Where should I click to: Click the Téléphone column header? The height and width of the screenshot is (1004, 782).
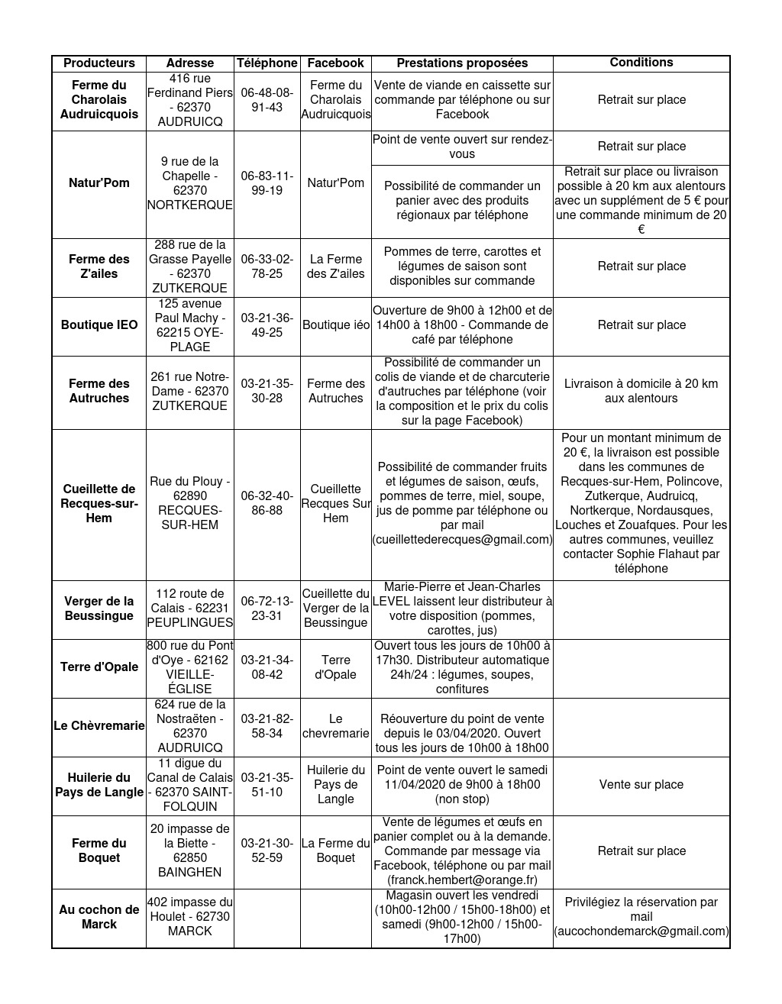coord(267,63)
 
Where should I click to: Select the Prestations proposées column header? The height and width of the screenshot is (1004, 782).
coord(462,63)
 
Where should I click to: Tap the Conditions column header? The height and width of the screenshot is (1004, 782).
coord(641,63)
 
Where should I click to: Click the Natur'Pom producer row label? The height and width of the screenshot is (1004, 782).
coord(99,183)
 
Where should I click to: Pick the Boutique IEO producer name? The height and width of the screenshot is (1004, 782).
coord(99,325)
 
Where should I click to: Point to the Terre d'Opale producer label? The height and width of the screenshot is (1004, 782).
coord(99,667)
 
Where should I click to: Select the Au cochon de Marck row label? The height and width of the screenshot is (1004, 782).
coord(99,917)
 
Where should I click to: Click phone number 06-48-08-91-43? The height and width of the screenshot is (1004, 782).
coord(267,100)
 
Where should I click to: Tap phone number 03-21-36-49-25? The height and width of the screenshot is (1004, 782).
coord(267,325)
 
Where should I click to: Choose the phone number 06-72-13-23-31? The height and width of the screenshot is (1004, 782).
coord(267,609)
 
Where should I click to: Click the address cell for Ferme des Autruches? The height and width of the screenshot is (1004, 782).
coord(189,391)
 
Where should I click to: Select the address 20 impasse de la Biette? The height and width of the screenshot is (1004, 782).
coord(189,851)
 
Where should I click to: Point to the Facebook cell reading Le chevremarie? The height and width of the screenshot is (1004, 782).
coord(335,726)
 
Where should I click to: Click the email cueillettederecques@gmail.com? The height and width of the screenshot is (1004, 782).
coord(462,540)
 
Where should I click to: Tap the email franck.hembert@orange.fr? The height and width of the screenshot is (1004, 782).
coord(462,880)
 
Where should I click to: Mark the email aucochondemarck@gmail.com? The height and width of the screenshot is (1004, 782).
coord(641,931)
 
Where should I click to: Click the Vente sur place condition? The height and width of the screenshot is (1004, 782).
coord(641,785)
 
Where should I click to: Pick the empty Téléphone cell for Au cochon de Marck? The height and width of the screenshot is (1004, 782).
coord(267,917)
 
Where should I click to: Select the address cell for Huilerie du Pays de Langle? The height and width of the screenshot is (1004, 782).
coord(189,785)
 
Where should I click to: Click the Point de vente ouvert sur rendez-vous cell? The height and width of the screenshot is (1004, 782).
coord(462,147)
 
